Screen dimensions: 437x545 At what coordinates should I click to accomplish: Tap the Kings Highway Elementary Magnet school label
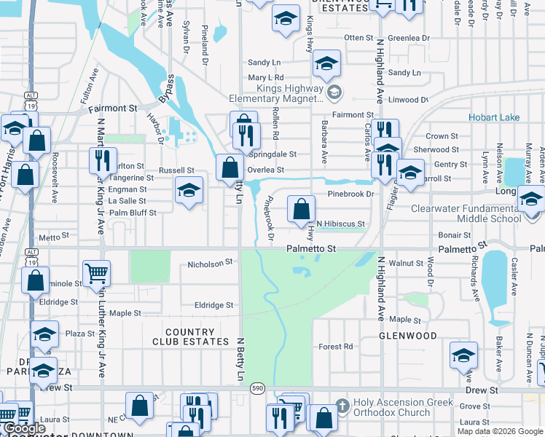click(x=275, y=92)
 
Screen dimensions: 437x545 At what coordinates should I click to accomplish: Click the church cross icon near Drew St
click(x=342, y=406)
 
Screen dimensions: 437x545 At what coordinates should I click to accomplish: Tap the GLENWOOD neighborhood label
click(x=407, y=336)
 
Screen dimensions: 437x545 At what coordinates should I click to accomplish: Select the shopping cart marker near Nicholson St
click(x=96, y=274)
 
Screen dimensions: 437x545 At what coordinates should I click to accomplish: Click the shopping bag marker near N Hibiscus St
click(x=301, y=210)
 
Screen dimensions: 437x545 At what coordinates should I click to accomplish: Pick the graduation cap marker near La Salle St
click(x=189, y=192)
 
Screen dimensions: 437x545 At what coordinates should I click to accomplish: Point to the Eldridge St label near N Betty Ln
click(x=213, y=305)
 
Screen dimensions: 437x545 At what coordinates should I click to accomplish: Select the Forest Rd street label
click(x=336, y=347)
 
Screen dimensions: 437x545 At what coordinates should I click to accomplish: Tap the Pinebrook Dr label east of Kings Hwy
click(x=350, y=194)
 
